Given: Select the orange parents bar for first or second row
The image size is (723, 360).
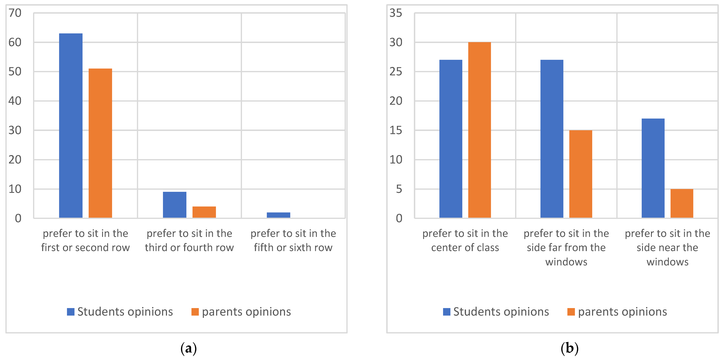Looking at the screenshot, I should pyautogui.click(x=100, y=143).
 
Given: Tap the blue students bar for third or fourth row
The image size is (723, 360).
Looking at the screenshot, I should pyautogui.click(x=174, y=205).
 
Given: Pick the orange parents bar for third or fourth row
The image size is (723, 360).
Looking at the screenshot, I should pyautogui.click(x=204, y=212).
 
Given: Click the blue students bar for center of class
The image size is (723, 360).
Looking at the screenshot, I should pyautogui.click(x=451, y=139).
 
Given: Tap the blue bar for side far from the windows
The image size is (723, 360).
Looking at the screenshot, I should pyautogui.click(x=552, y=139).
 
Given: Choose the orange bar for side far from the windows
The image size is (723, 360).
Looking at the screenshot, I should pyautogui.click(x=581, y=174).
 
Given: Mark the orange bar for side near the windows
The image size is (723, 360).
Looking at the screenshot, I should pyautogui.click(x=682, y=204).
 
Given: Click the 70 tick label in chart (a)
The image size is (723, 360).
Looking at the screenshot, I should pyautogui.click(x=15, y=13).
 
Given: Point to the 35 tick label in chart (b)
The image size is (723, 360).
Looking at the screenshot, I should pyautogui.click(x=396, y=13).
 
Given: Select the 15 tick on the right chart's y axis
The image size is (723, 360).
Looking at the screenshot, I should pyautogui.click(x=396, y=130).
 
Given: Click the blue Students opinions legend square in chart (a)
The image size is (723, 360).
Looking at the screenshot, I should pyautogui.click(x=70, y=312).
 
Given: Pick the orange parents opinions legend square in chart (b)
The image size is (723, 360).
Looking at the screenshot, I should pyautogui.click(x=571, y=312).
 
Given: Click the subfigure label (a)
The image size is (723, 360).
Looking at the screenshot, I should pyautogui.click(x=189, y=348).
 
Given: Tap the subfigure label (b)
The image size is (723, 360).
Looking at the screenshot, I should pyautogui.click(x=569, y=348).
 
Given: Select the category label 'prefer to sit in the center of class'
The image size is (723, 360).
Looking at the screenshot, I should pyautogui.click(x=465, y=240).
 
